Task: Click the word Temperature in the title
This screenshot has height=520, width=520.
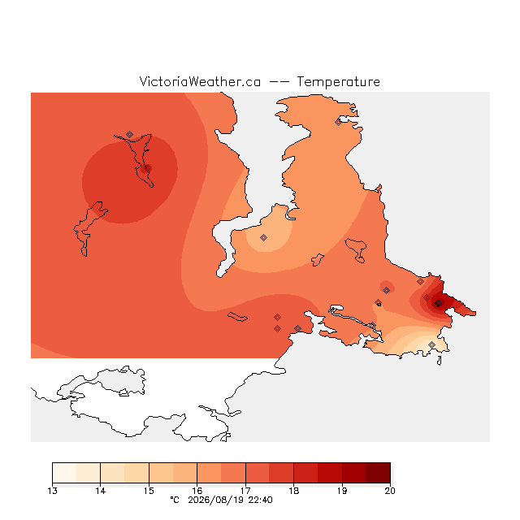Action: tap(338, 81)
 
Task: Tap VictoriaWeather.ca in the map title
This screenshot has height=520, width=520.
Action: tap(200, 81)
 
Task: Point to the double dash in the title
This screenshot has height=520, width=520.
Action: tap(279, 82)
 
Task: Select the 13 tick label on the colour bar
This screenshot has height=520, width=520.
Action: tap(52, 491)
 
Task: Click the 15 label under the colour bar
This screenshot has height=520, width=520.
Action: tap(149, 491)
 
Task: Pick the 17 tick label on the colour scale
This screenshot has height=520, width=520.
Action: tap(245, 491)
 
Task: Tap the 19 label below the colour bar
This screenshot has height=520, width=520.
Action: tap(342, 491)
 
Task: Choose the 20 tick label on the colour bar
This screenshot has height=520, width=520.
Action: tap(390, 491)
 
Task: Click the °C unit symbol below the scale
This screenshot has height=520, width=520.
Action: tap(175, 500)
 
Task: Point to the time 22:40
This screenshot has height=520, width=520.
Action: tap(261, 500)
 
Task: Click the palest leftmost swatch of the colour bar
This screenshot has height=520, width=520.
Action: tap(64, 473)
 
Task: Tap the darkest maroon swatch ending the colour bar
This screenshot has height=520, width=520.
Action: tap(378, 473)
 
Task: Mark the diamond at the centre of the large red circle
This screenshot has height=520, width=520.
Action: tap(148, 168)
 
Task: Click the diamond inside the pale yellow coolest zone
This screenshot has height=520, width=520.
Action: tap(431, 344)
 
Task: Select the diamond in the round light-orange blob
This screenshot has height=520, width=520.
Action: tap(263, 237)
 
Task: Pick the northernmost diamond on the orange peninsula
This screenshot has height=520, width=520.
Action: tap(338, 123)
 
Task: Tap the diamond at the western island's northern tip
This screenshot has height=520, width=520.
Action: tap(130, 134)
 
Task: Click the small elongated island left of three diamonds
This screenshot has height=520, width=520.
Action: tap(237, 317)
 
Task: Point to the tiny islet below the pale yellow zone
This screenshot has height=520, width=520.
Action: tap(440, 361)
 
